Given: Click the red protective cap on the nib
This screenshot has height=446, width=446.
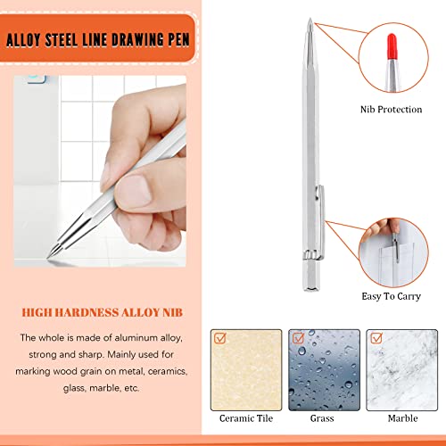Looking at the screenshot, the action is (x=392, y=46).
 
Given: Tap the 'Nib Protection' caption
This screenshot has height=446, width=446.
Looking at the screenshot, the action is (x=391, y=110).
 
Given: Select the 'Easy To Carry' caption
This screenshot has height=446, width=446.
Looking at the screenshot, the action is (x=391, y=296).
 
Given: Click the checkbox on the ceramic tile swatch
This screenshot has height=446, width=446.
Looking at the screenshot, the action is (x=220, y=338).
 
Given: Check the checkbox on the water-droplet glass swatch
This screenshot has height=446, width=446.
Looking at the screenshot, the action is (x=298, y=338).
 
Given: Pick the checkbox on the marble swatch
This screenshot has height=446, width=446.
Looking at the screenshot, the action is (x=376, y=338).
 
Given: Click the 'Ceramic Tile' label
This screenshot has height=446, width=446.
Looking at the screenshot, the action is (x=246, y=418).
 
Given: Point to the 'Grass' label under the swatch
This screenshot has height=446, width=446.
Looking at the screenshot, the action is (x=322, y=418).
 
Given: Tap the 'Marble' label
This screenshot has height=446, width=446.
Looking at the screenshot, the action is (x=402, y=418).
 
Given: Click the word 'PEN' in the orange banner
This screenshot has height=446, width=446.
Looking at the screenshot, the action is (x=179, y=39).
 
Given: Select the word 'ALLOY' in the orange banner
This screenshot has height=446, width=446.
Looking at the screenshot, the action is (x=23, y=40).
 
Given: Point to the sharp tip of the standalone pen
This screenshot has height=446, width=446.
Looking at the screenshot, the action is (x=310, y=19).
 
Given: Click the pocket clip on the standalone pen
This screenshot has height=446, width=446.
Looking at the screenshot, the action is (x=320, y=221).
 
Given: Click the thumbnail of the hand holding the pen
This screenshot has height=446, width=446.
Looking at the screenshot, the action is (x=100, y=170).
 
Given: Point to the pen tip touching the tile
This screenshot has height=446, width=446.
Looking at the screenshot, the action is (x=48, y=257).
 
